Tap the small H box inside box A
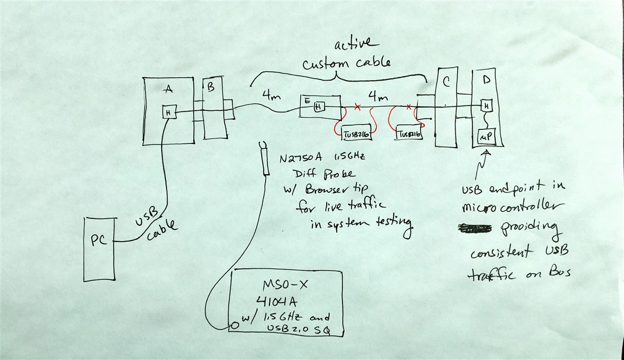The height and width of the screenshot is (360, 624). [168, 112]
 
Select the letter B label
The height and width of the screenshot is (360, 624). [211, 87]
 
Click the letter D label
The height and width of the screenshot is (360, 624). [487, 79]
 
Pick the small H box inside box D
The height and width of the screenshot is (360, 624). [487, 106]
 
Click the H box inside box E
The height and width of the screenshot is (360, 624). [319, 107]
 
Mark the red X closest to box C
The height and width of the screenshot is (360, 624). [408, 107]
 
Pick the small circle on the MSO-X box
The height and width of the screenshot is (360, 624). [234, 325]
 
